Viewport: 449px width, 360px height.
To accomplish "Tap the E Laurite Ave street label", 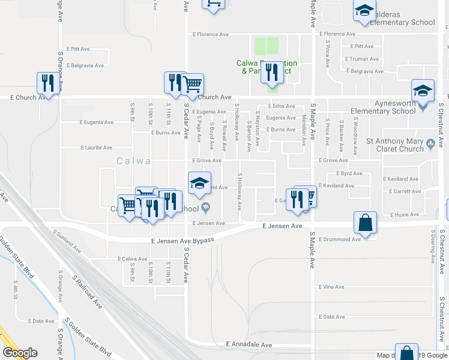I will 97,148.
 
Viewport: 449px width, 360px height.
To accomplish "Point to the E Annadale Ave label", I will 249,345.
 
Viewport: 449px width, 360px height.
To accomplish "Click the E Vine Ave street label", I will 332,287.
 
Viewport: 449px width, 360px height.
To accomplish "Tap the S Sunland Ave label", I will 66,239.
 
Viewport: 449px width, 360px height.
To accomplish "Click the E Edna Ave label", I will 281,106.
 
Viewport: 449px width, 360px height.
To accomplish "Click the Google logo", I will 20,353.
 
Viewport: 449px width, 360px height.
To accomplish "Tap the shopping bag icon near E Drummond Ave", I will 365,223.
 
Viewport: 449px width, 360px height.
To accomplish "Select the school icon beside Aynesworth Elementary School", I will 423,91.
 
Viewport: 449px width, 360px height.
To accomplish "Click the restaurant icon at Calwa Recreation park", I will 273,73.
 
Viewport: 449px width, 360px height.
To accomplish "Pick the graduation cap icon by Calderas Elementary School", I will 364,11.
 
